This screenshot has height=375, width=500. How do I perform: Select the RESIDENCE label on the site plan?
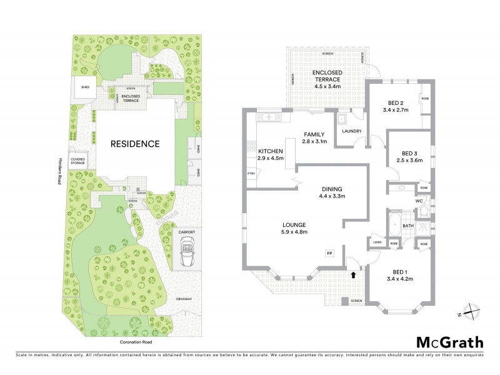coord(135,144)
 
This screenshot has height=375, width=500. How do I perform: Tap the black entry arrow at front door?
coord(355,274)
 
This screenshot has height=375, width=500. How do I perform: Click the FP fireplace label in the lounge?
coord(329,252)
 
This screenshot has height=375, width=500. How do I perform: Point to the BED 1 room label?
coord(400,271)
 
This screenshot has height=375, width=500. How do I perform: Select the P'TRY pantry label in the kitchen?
coord(252,173)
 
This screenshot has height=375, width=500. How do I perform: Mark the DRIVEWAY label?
coord(185,299)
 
